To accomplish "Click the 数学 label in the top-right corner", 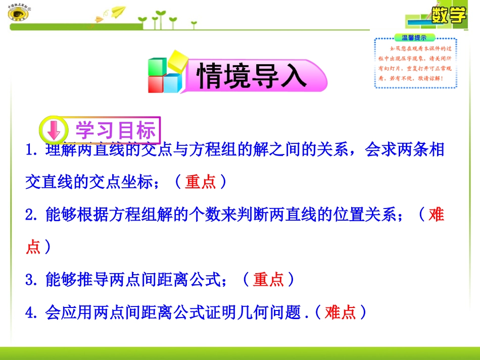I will click(x=449, y=15).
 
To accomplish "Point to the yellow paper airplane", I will click(x=118, y=11).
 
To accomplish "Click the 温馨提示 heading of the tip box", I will click(x=414, y=37).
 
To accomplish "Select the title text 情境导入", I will click(x=252, y=76).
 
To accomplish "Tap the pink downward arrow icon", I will click(x=53, y=131).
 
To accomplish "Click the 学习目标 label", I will click(x=116, y=131).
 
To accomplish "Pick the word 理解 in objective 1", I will click(x=62, y=150).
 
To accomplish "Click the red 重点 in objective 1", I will click(x=201, y=182).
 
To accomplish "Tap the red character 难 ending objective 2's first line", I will click(x=436, y=215).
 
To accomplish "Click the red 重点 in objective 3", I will click(x=268, y=279).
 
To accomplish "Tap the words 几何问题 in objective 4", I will click(x=269, y=313).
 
